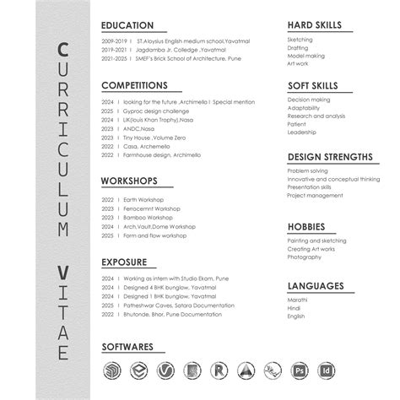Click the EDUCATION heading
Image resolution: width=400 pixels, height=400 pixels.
point(127,25)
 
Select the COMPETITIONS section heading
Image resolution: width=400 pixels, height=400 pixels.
point(135,85)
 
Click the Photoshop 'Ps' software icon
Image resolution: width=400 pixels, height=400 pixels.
point(299,370)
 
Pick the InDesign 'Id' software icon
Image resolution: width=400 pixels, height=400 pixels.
point(325,370)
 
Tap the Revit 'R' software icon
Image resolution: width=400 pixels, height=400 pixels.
point(219,370)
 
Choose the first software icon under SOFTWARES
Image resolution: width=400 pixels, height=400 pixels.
point(111,370)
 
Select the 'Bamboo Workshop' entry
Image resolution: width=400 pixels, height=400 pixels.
point(147,217)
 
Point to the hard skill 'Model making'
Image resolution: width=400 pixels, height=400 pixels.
point(305,56)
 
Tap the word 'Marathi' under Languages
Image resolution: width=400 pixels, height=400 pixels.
point(297,300)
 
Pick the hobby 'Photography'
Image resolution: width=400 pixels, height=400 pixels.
point(304,257)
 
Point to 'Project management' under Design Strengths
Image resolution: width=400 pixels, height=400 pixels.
point(316,195)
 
